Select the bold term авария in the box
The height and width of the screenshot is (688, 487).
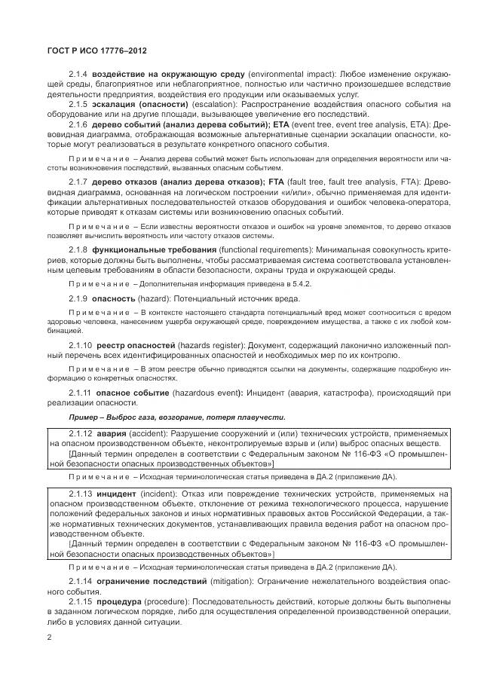[x=112, y=435]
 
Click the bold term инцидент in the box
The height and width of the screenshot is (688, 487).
[x=118, y=494]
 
